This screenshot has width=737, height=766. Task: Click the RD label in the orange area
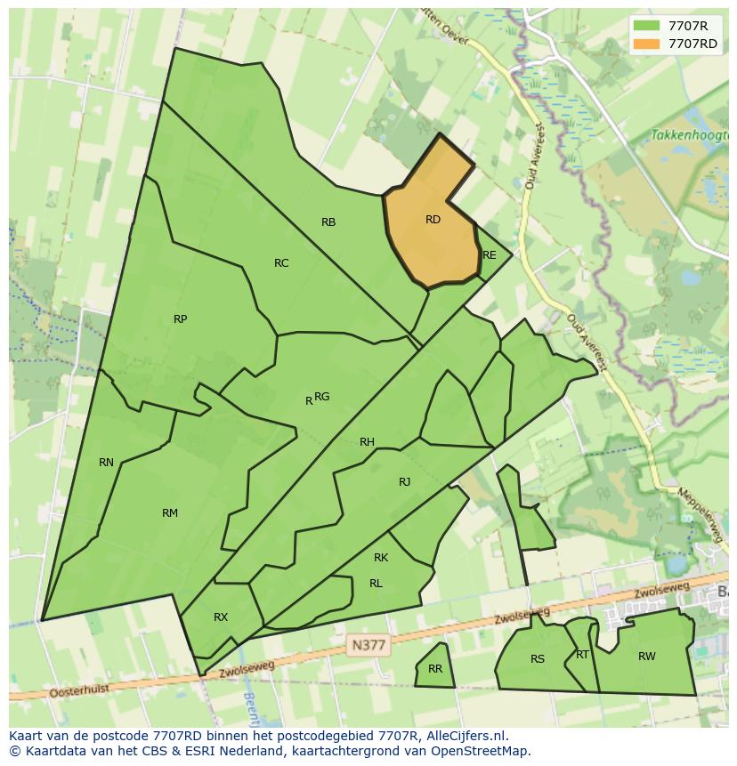point(433,220)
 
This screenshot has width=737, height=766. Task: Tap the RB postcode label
point(328,222)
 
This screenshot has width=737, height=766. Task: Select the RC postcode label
point(281,262)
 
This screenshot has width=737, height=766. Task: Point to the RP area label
point(181,319)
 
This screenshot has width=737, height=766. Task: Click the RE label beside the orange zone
point(489,255)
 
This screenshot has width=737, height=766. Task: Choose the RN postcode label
point(107,462)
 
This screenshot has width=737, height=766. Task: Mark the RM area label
point(170,512)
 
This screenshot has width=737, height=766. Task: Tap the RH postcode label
point(367,442)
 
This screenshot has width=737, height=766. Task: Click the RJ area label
point(405,482)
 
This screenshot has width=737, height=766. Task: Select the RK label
point(381,558)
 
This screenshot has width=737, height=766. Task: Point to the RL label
point(376,584)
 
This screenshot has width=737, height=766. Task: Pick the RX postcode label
point(221,617)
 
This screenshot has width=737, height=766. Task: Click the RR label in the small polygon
point(435,669)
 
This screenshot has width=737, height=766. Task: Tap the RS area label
point(538,659)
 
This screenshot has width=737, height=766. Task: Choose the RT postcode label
point(582,655)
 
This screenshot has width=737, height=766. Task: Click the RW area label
point(647,657)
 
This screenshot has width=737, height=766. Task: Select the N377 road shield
point(368,647)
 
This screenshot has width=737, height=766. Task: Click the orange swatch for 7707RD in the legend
point(647,44)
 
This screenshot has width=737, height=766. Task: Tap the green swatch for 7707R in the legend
point(647,25)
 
